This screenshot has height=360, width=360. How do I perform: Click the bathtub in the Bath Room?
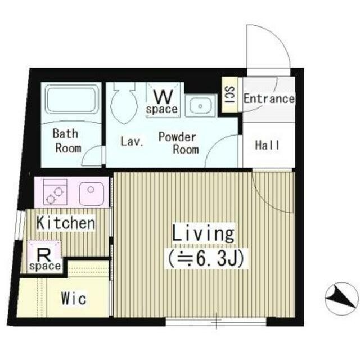(71, 99)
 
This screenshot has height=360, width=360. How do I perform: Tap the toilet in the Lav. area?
(124, 103)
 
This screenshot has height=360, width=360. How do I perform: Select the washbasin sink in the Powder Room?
(200, 106)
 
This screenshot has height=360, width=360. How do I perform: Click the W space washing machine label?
(163, 102)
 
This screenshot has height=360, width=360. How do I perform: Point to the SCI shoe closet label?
(229, 94)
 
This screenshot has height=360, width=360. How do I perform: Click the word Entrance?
(269, 99)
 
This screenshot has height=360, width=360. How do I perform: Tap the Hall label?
(268, 145)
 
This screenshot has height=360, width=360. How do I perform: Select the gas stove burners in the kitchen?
(55, 192)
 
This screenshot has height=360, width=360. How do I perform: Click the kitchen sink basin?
(91, 194)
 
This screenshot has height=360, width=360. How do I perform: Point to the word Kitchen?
(66, 223)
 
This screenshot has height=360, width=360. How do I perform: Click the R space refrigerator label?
(45, 260)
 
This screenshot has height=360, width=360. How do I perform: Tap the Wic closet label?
(74, 299)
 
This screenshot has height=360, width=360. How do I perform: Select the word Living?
(204, 233)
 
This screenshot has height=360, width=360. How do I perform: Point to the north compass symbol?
(342, 299)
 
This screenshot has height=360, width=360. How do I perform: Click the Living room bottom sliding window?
(216, 321)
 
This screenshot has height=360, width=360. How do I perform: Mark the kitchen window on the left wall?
(20, 225)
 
